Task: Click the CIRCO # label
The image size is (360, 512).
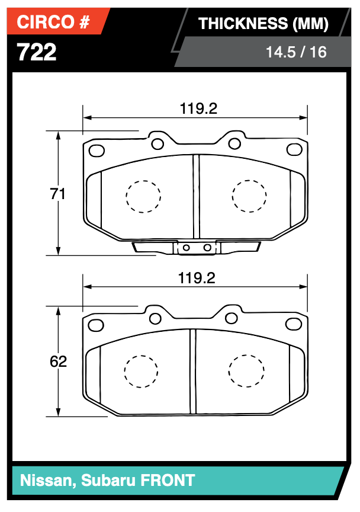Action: point(53,23)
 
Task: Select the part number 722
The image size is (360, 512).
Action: point(37,52)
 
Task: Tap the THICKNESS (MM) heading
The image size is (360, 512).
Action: point(263,24)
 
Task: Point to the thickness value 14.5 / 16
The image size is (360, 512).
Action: point(295,52)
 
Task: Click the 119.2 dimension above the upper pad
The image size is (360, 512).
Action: point(198,108)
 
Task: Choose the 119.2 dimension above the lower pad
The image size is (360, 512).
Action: point(198,278)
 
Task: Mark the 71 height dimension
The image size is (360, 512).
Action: point(57,194)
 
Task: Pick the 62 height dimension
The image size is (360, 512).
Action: point(58,361)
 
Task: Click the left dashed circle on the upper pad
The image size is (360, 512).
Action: point(143,195)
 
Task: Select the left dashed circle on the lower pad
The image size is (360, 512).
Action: point(141,371)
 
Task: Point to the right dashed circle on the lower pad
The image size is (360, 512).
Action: point(246,371)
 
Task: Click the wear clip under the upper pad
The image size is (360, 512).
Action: point(196,247)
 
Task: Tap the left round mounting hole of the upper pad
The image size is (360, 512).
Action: point(157,143)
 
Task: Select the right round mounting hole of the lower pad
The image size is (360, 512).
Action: point(232,318)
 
